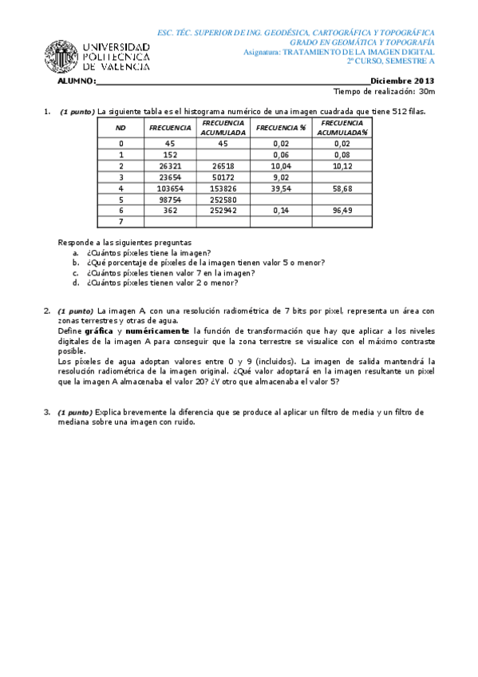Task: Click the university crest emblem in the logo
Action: coord(61,56)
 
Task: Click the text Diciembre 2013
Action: coord(402,81)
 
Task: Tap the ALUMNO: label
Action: coord(77,81)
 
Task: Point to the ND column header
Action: coord(120,127)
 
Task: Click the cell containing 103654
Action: coord(169,188)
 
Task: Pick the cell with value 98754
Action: coord(169,200)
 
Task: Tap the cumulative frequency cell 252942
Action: coord(224,211)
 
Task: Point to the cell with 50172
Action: coord(224,177)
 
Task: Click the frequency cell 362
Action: coord(169,211)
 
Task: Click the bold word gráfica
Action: coord(99,331)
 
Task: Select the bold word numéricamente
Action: coord(156,331)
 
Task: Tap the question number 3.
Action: coord(46,412)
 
